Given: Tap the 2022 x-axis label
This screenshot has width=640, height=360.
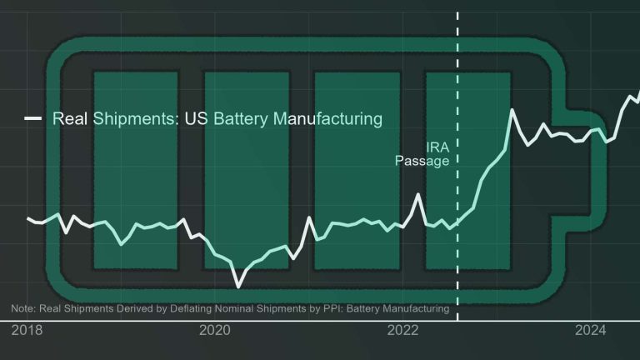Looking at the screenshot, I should tap(403, 331).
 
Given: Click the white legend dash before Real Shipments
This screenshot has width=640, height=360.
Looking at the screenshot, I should tap(34, 118).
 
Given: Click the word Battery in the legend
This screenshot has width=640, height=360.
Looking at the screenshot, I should tap(241, 118).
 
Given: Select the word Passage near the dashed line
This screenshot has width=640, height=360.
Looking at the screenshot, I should tap(422, 161).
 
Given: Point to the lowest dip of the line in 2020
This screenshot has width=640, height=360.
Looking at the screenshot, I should tap(239, 286).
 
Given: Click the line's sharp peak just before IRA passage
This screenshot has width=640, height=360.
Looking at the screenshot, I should tap(418, 195).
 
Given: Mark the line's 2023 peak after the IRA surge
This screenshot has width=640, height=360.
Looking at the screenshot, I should tap(509, 110).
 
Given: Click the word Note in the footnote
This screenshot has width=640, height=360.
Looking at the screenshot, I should tap(23, 309).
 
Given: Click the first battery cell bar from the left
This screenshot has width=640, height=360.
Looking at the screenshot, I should tap(135, 170).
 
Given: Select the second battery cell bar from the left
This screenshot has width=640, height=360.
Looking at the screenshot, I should tap(246, 170).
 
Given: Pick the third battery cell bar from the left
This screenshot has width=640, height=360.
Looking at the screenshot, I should tap(357, 170).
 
